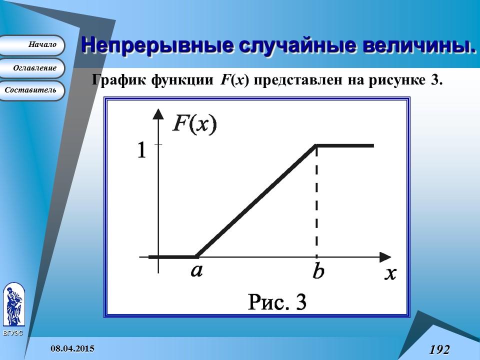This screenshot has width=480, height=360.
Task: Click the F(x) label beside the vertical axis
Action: [x=194, y=123]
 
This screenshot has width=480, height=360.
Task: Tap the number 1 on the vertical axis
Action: [x=141, y=150]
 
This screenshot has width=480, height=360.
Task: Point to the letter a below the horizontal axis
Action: [x=196, y=270]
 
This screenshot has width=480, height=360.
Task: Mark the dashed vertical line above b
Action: [x=316, y=200]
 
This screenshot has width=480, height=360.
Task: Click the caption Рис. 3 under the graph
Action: [x=277, y=302]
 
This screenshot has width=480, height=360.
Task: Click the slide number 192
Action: [x=439, y=349]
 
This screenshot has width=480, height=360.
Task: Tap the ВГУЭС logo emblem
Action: [x=13, y=304]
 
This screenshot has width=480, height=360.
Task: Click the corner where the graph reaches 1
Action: [x=316, y=145]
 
